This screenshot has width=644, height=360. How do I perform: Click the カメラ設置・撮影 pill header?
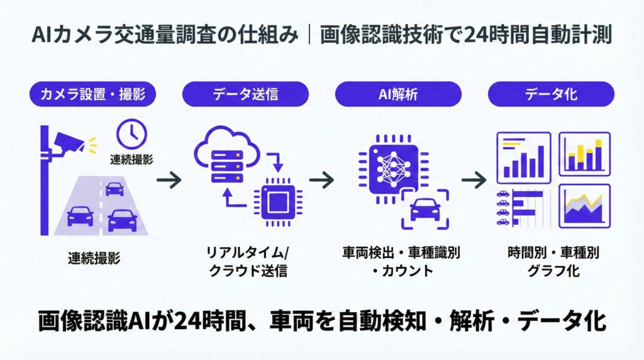(x=93, y=95)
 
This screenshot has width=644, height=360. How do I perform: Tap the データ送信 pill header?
(x=245, y=95)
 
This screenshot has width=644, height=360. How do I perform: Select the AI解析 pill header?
(x=399, y=95)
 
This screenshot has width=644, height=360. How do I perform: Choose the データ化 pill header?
(x=552, y=95)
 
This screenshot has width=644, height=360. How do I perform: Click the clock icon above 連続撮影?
(x=132, y=133)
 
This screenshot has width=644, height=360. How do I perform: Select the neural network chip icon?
(x=388, y=166)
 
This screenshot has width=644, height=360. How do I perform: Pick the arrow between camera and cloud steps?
(x=169, y=181)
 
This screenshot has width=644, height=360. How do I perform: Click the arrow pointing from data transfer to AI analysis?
(x=321, y=181)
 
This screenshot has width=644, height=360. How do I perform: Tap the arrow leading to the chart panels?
(x=474, y=181)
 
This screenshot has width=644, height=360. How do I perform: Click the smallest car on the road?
(x=114, y=188)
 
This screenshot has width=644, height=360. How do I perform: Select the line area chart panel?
(x=584, y=206)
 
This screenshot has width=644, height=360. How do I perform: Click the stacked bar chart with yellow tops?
(x=584, y=154)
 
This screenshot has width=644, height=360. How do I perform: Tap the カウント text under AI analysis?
(x=403, y=272)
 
